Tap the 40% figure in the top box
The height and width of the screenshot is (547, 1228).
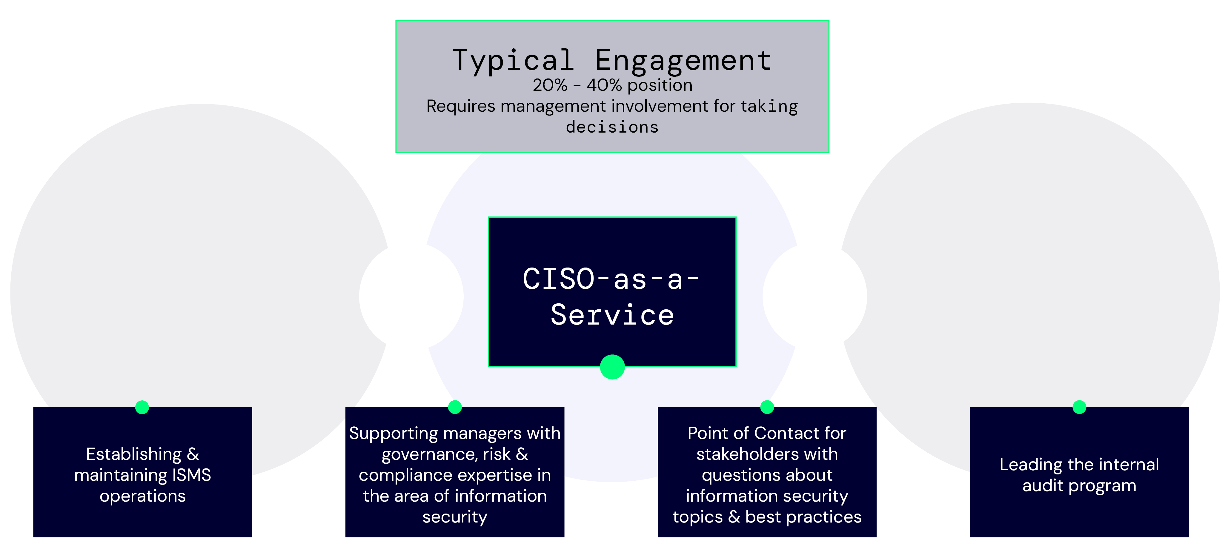tap(604, 85)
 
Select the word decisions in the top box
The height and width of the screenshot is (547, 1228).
tap(612, 127)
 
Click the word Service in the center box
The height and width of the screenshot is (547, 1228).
tap(612, 315)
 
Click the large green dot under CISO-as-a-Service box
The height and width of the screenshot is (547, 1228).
tap(612, 367)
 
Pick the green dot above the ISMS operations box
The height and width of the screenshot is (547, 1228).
tap(142, 407)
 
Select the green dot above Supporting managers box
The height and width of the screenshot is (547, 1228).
tap(455, 407)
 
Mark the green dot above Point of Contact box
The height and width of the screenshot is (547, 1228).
tap(767, 407)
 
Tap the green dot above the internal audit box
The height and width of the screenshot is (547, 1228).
tap(1079, 407)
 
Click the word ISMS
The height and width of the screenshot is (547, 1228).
tap(191, 475)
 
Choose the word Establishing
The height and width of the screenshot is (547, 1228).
tap(134, 454)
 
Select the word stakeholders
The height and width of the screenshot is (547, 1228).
tap(767, 454)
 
